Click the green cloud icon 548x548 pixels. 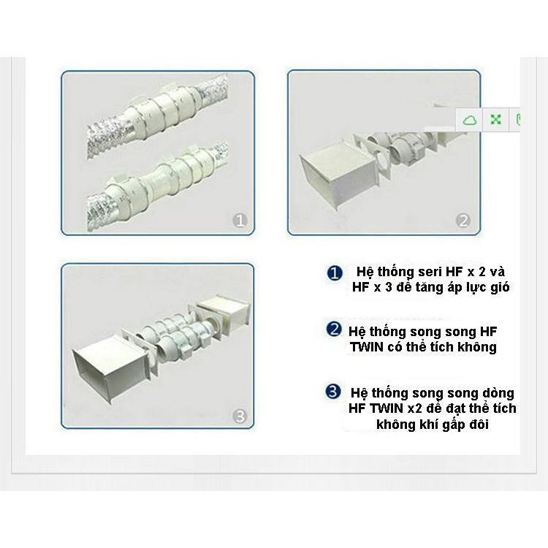tap(470, 120)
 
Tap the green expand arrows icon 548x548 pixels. tap(495, 120)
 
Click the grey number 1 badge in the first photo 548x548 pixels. tap(240, 221)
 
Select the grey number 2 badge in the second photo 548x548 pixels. tap(463, 221)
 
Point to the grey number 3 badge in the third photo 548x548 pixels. tap(240, 416)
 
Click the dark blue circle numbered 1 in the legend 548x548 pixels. tap(335, 273)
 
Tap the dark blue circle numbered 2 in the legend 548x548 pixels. tap(334, 330)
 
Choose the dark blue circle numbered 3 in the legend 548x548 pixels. tap(332, 392)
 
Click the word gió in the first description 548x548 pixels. tap(500, 287)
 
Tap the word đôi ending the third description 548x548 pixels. tap(479, 425)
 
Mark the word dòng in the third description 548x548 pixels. tap(498, 393)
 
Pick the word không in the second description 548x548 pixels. tap(475, 347)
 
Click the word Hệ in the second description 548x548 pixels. tap(357, 332)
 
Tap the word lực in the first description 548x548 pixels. tap(476, 288)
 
